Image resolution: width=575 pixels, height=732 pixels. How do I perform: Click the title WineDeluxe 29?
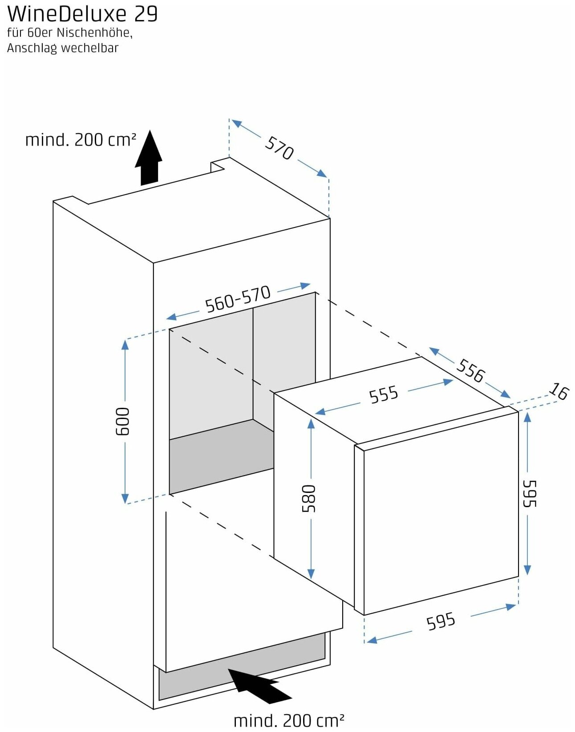coord(83,14)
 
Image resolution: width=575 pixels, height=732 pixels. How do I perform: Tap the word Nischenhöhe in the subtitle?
coord(94,33)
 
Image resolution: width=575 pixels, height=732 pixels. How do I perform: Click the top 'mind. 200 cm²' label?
coord(80,140)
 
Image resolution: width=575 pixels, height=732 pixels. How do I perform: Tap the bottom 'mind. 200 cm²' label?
coord(289,720)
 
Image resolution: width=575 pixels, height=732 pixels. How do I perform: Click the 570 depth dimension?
coord(279,148)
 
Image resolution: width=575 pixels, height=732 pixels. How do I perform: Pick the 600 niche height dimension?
coord(122,421)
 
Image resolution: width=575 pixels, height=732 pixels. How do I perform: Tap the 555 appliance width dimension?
coord(384,394)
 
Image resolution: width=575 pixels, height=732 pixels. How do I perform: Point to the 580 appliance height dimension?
coord(309,498)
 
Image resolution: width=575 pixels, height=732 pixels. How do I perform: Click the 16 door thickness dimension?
coord(559,391)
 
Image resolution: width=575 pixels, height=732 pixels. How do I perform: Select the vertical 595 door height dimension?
coord(529,493)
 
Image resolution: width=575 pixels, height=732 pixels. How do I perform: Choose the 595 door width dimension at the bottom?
coord(441,621)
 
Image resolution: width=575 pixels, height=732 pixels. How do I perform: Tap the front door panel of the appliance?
coord(441,512)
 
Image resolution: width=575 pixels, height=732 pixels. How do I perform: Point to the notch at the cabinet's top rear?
coord(218,166)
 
